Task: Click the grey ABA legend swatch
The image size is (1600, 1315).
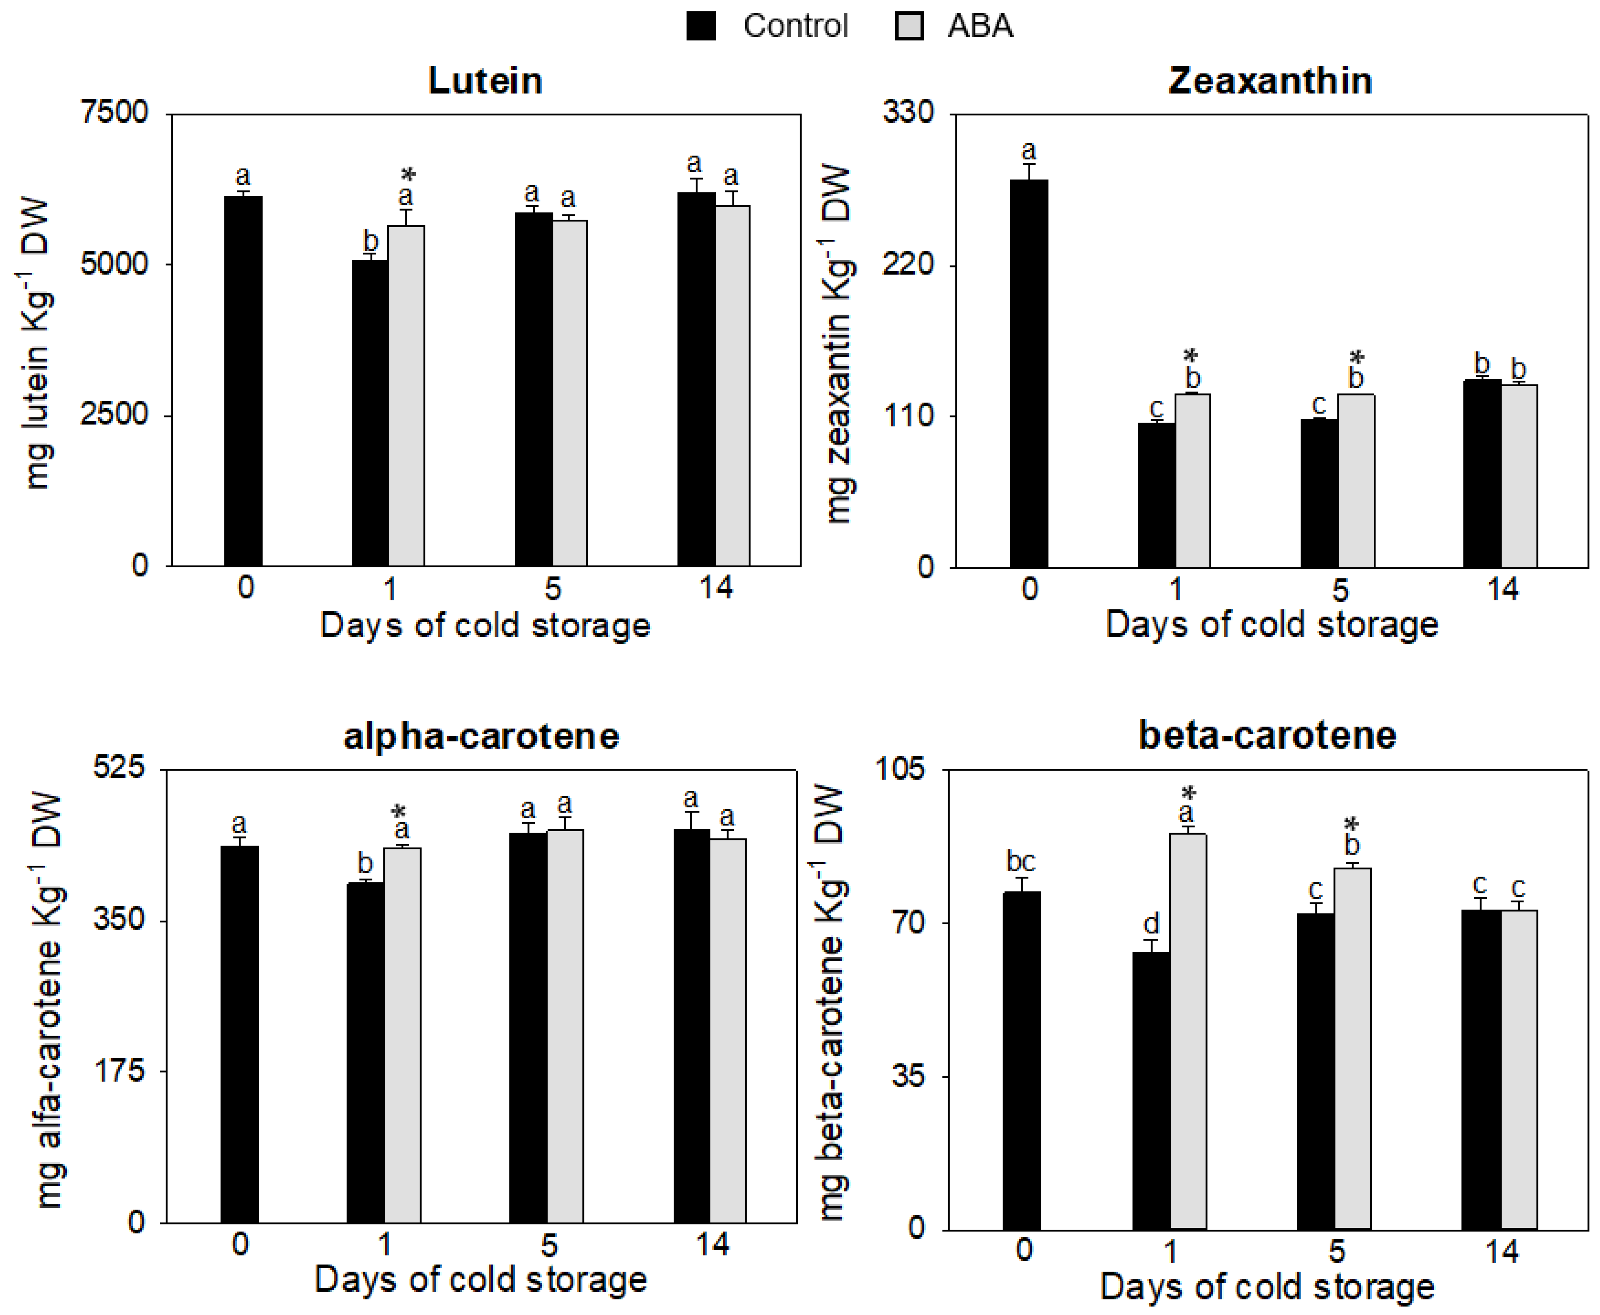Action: coord(909,26)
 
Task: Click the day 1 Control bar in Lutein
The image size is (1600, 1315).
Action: coord(369,413)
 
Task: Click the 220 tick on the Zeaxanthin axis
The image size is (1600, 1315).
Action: coord(908,265)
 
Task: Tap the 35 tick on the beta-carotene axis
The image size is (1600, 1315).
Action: coord(908,1076)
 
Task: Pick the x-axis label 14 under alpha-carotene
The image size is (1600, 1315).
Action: coord(712,1245)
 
